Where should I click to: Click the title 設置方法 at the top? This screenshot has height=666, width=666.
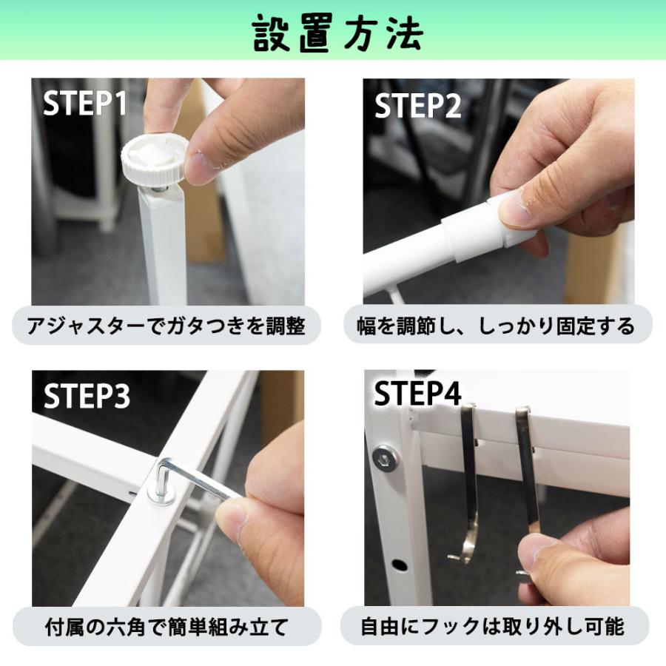pyautogui.click(x=337, y=33)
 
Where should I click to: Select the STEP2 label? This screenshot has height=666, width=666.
pyautogui.click(x=417, y=106)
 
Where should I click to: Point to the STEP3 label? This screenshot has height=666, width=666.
pyautogui.click(x=87, y=396)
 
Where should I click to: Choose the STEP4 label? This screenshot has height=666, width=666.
pyautogui.click(x=417, y=394)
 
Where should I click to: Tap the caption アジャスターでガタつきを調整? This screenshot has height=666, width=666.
pyautogui.click(x=166, y=326)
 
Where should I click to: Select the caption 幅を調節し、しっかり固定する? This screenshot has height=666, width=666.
pyautogui.click(x=496, y=326)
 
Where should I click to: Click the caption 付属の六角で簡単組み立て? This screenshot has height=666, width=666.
pyautogui.click(x=166, y=627)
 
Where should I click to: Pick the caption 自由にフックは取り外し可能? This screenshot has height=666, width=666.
pyautogui.click(x=493, y=627)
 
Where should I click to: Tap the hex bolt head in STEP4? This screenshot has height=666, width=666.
pyautogui.click(x=386, y=458)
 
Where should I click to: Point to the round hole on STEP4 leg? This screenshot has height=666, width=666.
pyautogui.click(x=400, y=565)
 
